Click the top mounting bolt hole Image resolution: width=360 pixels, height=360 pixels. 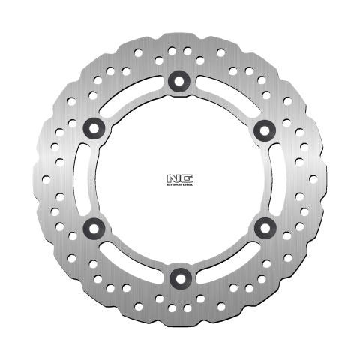pos(178,81)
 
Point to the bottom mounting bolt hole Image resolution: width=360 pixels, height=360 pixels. pos(178,277)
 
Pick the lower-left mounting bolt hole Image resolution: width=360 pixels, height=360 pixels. pos(93,226)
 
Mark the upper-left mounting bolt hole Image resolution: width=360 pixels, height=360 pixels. pos(93,130)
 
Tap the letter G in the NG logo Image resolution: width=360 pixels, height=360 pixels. pos(184,178)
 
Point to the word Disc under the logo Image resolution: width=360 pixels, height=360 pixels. pos(184,185)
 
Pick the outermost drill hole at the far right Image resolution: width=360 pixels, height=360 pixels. pos(313,179)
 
